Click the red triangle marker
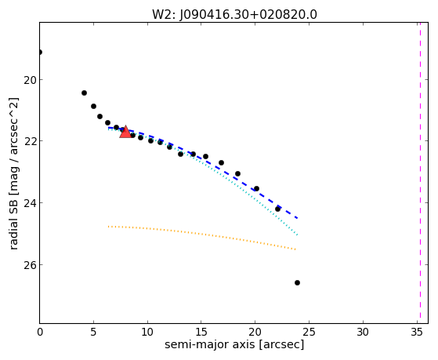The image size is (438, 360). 125,132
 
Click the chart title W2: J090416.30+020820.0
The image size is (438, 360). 234,15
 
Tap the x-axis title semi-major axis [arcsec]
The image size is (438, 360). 234,344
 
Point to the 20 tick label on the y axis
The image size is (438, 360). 29,80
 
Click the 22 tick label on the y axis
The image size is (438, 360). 29,141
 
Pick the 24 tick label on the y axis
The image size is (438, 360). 29,203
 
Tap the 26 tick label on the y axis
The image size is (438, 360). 29,265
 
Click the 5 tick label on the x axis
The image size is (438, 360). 93,332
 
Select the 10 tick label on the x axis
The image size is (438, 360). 147,332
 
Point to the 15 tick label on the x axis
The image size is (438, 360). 201,332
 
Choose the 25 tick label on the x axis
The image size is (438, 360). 309,332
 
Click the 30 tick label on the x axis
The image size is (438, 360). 363,332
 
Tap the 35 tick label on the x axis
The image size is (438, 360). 417,332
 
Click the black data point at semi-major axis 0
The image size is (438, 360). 40,52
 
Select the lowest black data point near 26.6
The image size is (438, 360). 297,283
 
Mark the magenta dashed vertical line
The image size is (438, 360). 420,173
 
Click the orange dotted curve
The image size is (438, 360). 201,234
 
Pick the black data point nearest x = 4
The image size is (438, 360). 84,93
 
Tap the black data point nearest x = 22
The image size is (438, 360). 277,209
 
